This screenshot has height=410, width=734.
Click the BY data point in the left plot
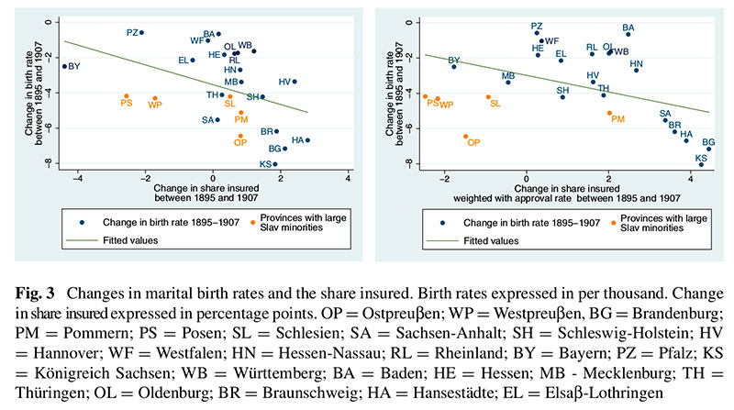click(64, 66)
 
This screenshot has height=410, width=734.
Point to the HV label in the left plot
click(284, 82)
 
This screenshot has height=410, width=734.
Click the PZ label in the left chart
click(132, 32)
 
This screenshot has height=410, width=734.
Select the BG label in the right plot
click(708, 142)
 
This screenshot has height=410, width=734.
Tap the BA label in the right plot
click(628, 28)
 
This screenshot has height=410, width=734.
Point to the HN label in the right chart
click(637, 63)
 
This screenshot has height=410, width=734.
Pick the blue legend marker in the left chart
click(82, 221)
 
